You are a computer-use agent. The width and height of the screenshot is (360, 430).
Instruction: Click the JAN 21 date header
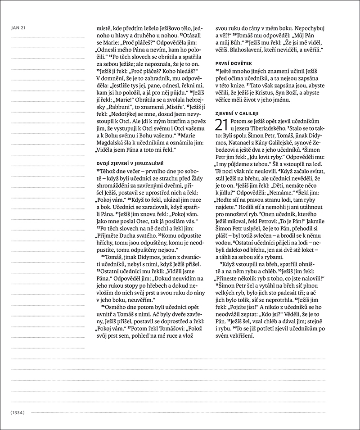18,28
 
